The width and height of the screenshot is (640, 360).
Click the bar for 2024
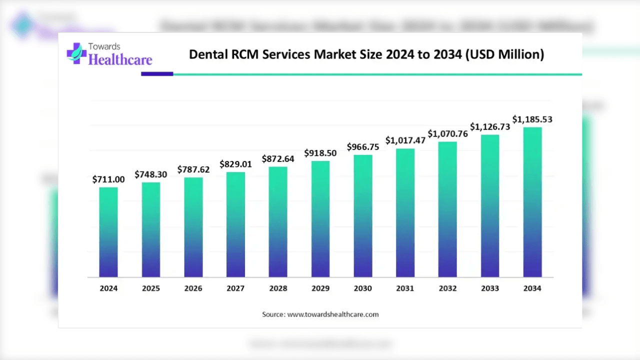click(108, 232)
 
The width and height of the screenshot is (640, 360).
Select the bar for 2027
click(235, 224)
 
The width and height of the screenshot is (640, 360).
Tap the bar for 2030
click(363, 216)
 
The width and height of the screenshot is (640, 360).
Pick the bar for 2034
click(532, 202)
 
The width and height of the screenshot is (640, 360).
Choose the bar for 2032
click(447, 209)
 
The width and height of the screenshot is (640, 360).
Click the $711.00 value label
click(108, 179)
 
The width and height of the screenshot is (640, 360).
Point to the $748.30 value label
click(151, 174)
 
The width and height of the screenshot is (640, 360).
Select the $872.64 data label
click(278, 159)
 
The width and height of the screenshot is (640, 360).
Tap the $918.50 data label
click(320, 153)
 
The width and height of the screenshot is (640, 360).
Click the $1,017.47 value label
click(405, 140)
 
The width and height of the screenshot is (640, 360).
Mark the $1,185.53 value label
click(532, 119)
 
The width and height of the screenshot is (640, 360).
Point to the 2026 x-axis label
click(193, 288)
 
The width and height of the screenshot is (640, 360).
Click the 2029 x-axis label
click(320, 288)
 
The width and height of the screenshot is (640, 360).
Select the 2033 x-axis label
click(490, 288)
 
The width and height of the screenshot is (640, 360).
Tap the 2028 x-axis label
click(278, 288)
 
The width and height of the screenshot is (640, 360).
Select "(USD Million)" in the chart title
click(504, 54)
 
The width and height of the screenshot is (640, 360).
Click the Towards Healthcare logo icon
click(76, 53)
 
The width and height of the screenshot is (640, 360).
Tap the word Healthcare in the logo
click(120, 60)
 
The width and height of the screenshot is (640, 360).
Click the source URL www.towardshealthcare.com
click(333, 314)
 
